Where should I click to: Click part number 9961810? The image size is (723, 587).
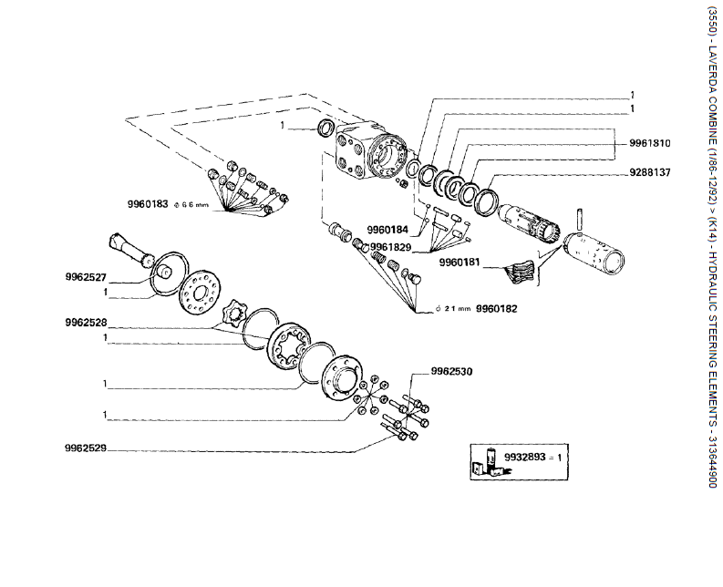pyautogui.click(x=650, y=143)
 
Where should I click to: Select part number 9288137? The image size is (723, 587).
pyautogui.click(x=650, y=172)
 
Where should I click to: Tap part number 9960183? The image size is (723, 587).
pyautogui.click(x=148, y=204)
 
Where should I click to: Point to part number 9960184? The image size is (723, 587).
pyautogui.click(x=387, y=229)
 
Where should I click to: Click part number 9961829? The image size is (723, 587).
pyautogui.click(x=390, y=247)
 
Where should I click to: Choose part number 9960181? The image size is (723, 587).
pyautogui.click(x=460, y=263)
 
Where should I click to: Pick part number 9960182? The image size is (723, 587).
pyautogui.click(x=496, y=308)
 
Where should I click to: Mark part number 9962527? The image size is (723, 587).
pyautogui.click(x=86, y=277)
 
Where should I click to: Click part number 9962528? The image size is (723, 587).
pyautogui.click(x=86, y=323)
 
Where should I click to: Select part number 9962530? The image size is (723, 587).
pyautogui.click(x=451, y=371)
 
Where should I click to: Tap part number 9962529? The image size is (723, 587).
pyautogui.click(x=86, y=448)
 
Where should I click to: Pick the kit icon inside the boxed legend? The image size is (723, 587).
pyautogui.click(x=489, y=462)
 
